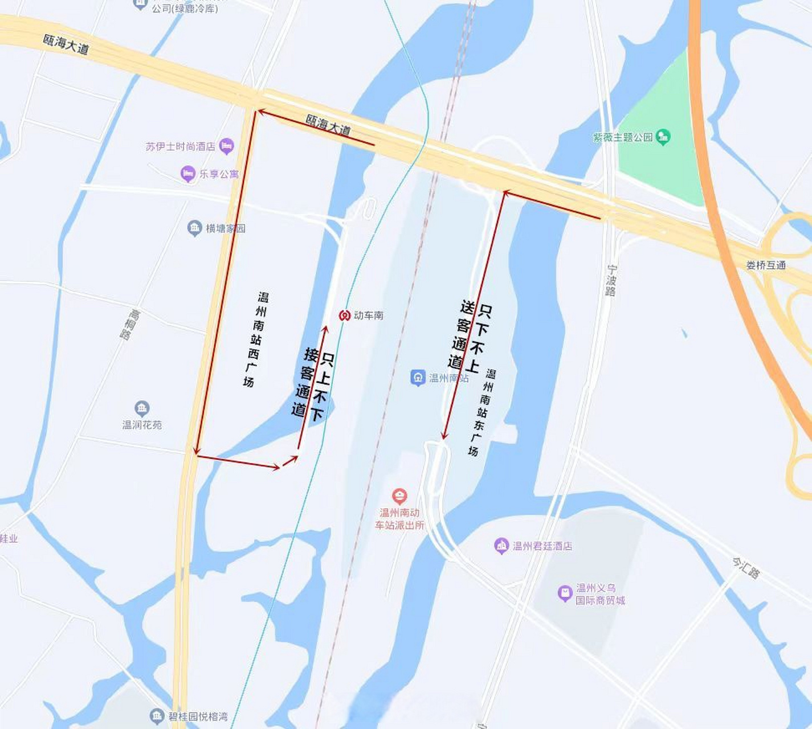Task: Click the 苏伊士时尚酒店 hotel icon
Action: [226, 146]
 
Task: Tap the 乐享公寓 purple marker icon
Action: [187, 174]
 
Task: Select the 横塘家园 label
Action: [225, 228]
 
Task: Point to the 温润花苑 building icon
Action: [142, 408]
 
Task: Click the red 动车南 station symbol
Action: [344, 315]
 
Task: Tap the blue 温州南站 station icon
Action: [418, 377]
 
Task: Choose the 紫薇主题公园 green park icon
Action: [663, 137]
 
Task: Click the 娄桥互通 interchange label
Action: [766, 265]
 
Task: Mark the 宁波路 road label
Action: [611, 280]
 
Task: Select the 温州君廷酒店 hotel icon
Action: [501, 546]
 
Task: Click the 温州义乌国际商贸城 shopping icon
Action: [564, 593]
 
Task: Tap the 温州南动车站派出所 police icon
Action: [399, 495]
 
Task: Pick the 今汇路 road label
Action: [746, 568]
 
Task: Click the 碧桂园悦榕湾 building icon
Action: [157, 716]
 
